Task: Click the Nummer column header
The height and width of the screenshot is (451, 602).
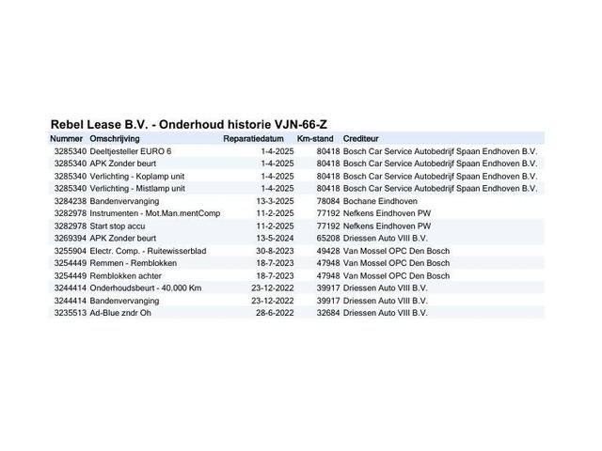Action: pos(67,138)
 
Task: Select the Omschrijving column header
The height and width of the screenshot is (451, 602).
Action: pos(118,138)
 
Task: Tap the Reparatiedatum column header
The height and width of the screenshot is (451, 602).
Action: pos(253,138)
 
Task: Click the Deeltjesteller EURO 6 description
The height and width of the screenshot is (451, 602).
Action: pos(131,150)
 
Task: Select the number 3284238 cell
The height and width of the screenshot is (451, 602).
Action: pos(71,201)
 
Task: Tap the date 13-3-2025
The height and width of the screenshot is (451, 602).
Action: pos(275,201)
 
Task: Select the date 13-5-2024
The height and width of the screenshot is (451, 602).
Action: pos(275,239)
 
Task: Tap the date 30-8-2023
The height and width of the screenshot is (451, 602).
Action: pos(275,251)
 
